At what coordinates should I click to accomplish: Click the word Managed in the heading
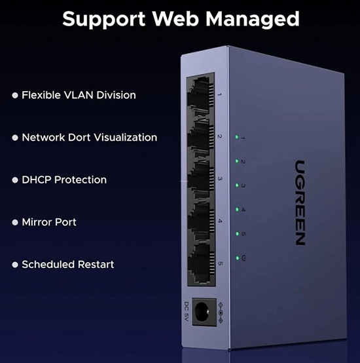(x=253, y=20)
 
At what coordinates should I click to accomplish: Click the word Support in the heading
(x=104, y=20)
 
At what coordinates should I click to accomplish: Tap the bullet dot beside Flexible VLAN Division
(x=15, y=96)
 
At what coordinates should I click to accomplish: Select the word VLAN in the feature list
(x=79, y=95)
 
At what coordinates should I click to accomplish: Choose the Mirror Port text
(x=49, y=222)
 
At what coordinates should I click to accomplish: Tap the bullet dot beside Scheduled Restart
(x=15, y=265)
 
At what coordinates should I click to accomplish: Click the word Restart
(x=96, y=264)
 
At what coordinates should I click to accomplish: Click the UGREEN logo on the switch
(x=300, y=202)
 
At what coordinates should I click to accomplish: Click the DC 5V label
(x=187, y=311)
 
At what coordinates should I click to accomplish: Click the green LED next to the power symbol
(x=238, y=258)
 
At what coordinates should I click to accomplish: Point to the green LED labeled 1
(x=237, y=137)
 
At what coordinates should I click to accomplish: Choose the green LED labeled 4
(x=237, y=210)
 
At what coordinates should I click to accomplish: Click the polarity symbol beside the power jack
(x=221, y=313)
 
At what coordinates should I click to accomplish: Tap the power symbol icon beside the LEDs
(x=243, y=258)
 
